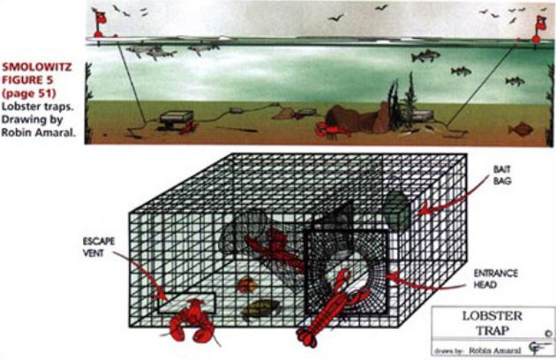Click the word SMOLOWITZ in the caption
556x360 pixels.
click(x=37, y=67)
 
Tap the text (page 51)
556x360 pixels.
click(x=29, y=94)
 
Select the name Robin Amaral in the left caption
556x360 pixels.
click(x=38, y=132)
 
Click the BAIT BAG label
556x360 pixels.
click(x=502, y=176)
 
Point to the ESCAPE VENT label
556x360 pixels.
click(x=98, y=247)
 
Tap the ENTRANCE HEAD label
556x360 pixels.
click(x=495, y=279)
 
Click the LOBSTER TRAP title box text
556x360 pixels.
click(x=492, y=323)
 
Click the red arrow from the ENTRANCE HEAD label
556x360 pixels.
click(x=425, y=284)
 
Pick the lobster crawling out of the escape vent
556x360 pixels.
click(x=192, y=322)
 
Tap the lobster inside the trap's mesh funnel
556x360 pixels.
click(x=274, y=248)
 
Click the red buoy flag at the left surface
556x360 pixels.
click(x=99, y=22)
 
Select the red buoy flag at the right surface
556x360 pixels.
click(x=539, y=27)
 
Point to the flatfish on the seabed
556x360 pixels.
click(x=521, y=130)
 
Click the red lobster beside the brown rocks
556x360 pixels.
click(x=332, y=130)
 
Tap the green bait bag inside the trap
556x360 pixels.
click(x=397, y=210)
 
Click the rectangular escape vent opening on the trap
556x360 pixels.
click(x=186, y=303)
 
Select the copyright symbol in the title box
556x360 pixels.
click(x=548, y=334)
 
